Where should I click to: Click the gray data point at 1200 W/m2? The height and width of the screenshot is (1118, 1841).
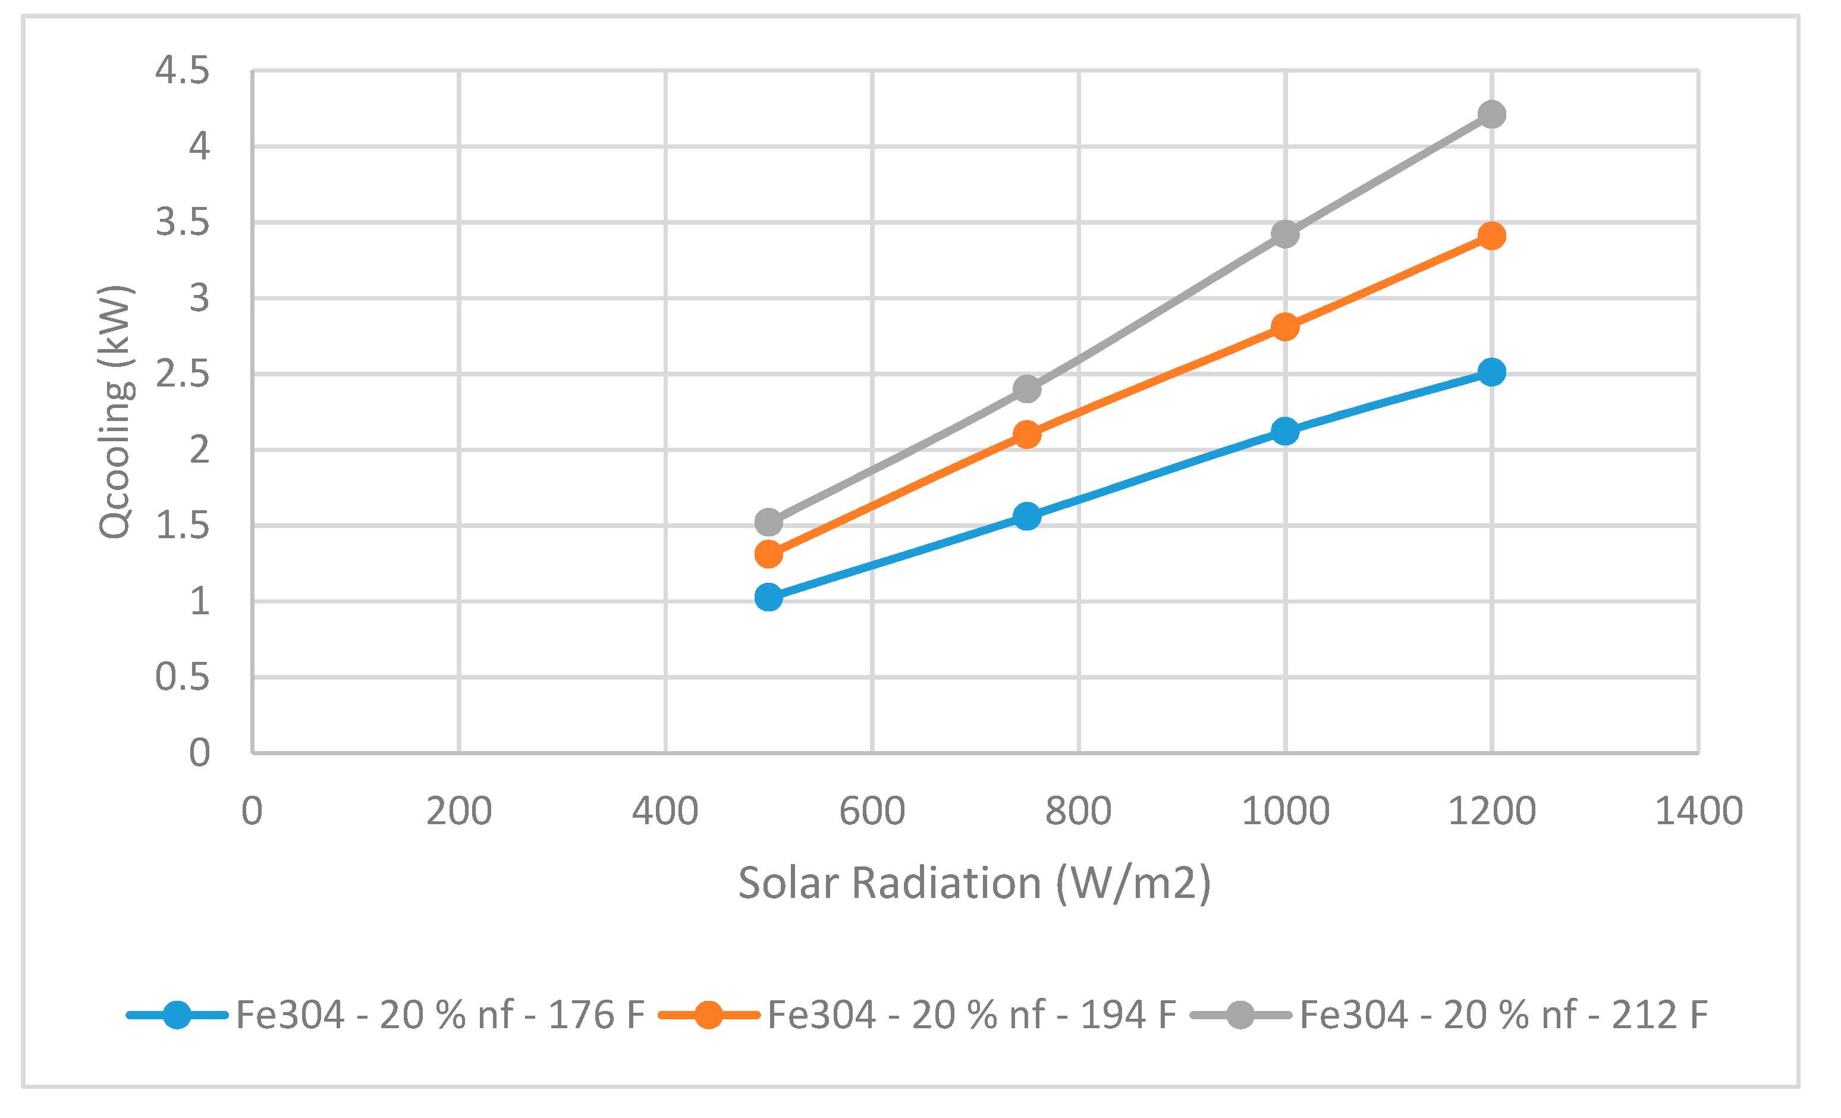1491,114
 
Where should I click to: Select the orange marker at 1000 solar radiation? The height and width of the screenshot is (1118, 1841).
1284,326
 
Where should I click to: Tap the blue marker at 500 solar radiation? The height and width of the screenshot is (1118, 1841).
768,597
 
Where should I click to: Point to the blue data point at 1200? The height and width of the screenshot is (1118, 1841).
1491,372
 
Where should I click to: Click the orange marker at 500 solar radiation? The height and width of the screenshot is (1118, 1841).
768,554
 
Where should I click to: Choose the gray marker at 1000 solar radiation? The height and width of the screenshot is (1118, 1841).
1284,234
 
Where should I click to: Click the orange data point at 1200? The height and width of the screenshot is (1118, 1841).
1491,236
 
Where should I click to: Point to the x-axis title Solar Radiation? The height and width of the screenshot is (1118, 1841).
974,883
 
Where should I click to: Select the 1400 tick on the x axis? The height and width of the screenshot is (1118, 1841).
1698,811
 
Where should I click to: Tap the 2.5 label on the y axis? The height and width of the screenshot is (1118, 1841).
183,373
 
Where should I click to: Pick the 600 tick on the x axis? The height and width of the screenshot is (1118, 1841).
872,811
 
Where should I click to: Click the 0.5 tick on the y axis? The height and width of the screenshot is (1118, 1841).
183,677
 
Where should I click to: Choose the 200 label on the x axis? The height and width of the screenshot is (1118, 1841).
458,811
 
